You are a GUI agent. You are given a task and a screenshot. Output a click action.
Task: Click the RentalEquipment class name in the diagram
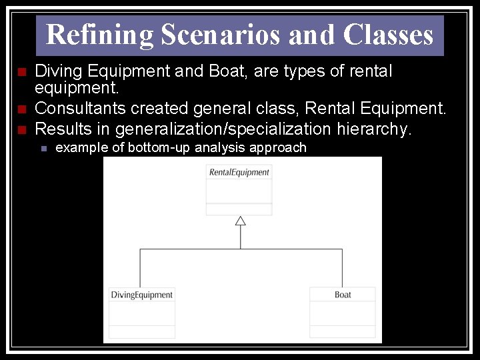coord(239,172)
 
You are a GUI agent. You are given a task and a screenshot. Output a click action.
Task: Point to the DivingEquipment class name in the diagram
coord(141,295)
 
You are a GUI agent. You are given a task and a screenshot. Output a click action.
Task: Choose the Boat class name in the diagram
coord(343,295)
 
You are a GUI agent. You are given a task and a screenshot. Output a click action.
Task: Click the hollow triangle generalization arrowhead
coord(240,221)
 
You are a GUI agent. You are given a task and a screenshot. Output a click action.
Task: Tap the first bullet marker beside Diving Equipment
coord(21,71)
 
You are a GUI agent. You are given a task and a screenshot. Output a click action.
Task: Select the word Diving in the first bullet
coord(56,71)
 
